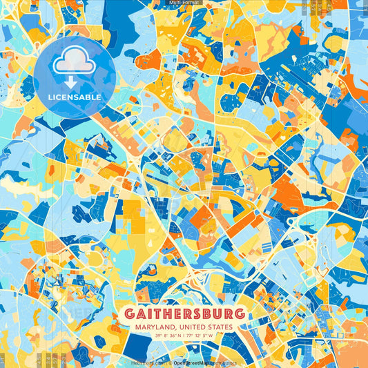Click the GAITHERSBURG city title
tap(184, 314)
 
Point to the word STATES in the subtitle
tap(220, 327)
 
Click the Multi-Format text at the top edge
tap(184, 3)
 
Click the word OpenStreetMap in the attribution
tap(191, 362)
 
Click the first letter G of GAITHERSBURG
tap(131, 314)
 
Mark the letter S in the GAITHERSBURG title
tap(199, 314)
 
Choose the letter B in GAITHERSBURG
tap(210, 314)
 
